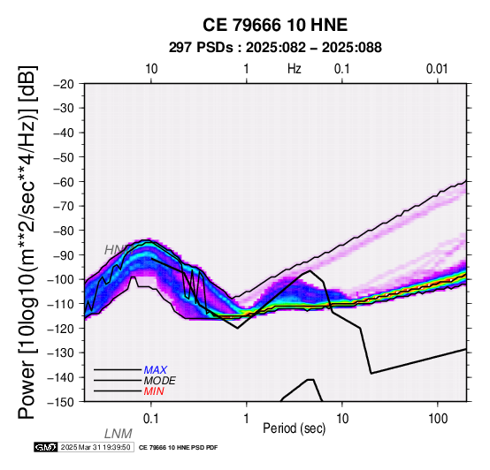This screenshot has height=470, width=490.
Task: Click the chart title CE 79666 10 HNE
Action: [275, 25]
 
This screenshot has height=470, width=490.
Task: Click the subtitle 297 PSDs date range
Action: [275, 48]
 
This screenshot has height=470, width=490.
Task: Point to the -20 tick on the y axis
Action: [64, 84]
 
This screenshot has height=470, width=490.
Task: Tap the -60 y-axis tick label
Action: [64, 181]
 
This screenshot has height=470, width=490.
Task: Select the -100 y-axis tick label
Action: [61, 279]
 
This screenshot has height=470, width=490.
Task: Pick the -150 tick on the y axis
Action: [61, 401]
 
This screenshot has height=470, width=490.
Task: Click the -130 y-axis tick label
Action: [61, 352]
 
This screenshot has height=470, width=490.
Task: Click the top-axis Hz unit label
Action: [294, 69]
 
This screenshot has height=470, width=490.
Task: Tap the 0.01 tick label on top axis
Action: [437, 69]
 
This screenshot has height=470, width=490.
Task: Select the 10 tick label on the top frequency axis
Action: [151, 69]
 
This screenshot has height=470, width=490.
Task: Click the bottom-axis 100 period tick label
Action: [438, 419]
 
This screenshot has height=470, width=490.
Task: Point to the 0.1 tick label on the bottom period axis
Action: [151, 419]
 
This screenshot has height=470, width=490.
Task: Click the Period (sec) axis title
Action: [294, 428]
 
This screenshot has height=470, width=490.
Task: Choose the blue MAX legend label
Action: [156, 370]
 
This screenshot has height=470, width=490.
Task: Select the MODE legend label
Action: [160, 381]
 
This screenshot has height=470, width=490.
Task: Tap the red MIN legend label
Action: [154, 391]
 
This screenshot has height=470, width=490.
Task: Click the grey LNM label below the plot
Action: [119, 434]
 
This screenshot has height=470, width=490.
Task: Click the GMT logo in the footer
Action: [46, 447]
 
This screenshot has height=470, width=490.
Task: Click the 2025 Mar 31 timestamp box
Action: [96, 447]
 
